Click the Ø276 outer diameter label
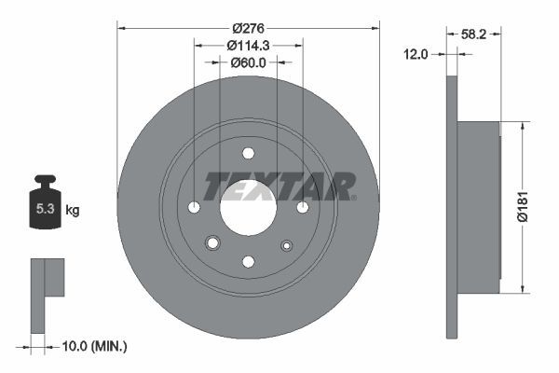click(x=247, y=14)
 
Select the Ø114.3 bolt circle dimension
click(x=247, y=45)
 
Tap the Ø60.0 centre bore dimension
click(x=248, y=63)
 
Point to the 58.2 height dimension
click(x=473, y=33)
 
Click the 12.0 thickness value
click(x=416, y=54)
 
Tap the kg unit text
click(x=73, y=211)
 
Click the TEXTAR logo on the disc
click(x=279, y=186)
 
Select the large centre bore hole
click(x=248, y=207)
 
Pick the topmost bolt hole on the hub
click(x=248, y=154)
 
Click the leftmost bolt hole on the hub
click(x=194, y=207)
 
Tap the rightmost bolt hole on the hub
click(x=303, y=207)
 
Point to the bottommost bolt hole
click(x=248, y=261)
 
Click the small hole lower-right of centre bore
click(x=286, y=245)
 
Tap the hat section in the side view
click(x=479, y=205)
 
